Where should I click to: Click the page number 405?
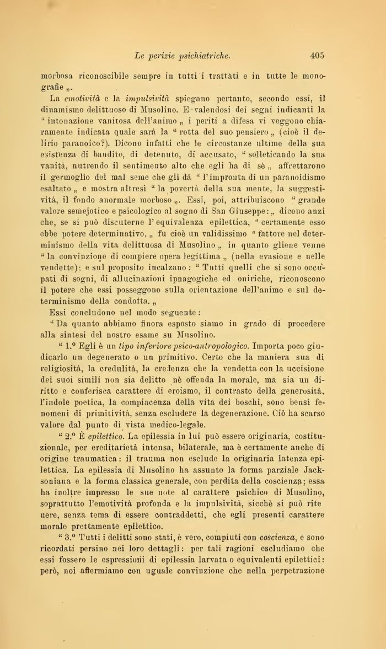coord(317,55)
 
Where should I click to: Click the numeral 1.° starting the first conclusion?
coord(69,347)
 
